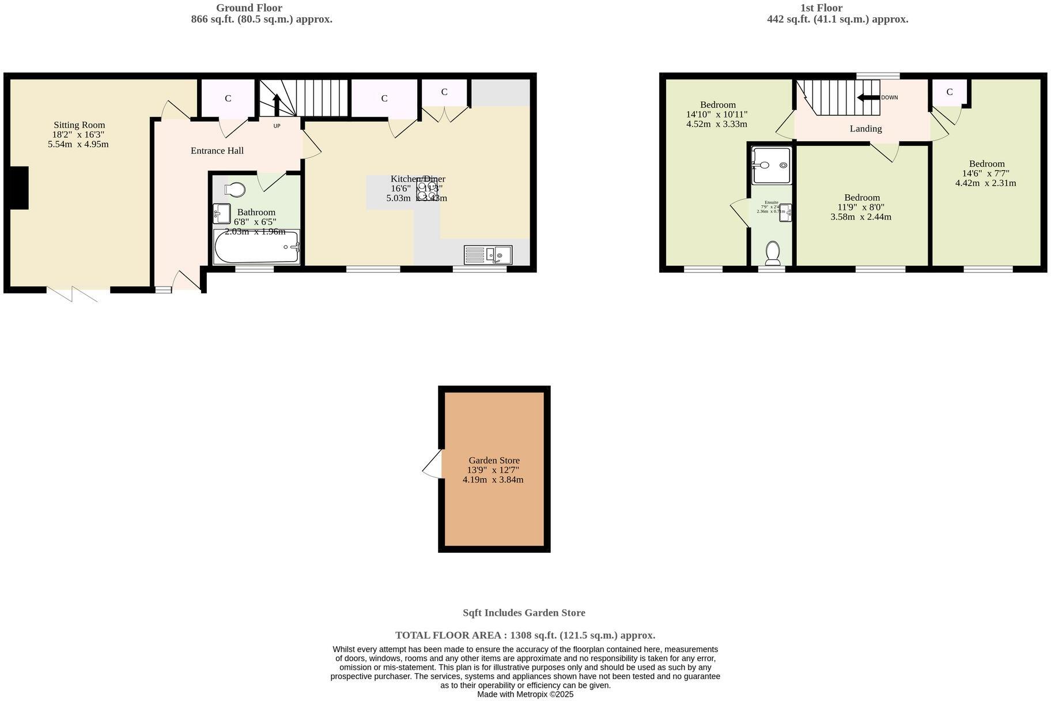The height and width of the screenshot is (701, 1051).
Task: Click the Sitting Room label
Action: coord(79,125)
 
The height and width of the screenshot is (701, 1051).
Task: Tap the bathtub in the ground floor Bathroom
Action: coord(256,247)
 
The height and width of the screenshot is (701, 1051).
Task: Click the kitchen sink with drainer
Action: coord(487,254)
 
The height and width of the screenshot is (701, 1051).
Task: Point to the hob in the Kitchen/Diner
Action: coord(427,191)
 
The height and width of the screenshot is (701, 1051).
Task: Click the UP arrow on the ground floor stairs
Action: coord(277,104)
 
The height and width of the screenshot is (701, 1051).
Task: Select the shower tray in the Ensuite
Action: coord(771,165)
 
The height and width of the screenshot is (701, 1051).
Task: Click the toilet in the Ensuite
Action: coord(772,252)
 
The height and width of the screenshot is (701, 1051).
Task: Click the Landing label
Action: coord(865,129)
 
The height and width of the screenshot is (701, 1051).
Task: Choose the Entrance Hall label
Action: coord(217,150)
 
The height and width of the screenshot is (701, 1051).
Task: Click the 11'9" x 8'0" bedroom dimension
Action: coord(861,207)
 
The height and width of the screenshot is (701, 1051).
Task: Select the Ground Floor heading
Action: coord(249,8)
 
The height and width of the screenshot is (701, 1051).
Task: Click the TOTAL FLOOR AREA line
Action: coord(525,635)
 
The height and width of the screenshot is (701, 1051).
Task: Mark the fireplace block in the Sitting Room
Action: coord(19,188)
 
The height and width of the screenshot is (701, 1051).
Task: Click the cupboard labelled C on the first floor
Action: coord(949,92)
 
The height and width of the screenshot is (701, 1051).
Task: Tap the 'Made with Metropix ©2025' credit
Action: coord(525,695)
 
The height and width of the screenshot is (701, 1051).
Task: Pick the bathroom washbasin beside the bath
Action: coord(221,213)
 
